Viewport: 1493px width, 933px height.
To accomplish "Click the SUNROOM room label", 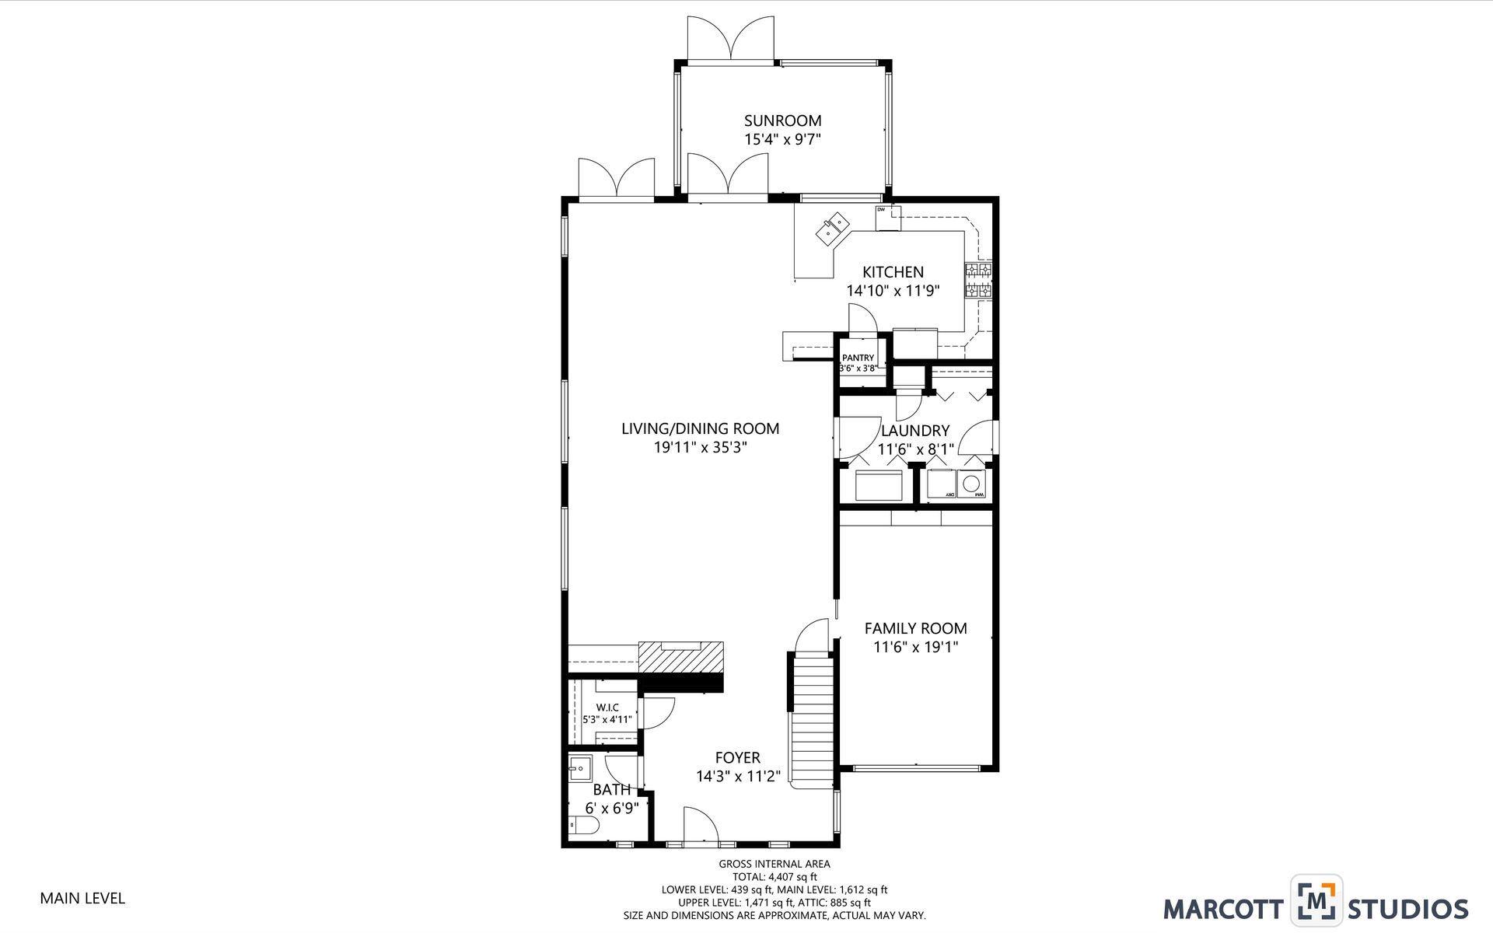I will click(782, 121).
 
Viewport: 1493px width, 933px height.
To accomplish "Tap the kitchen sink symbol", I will click(833, 226).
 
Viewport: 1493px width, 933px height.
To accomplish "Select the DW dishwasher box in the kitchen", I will click(888, 218).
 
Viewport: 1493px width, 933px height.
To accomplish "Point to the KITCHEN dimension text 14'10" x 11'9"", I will click(893, 291).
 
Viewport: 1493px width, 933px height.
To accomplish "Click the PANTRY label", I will click(858, 358).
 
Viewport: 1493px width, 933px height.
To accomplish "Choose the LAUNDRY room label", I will click(915, 431).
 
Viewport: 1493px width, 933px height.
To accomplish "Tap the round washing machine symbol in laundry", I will click(972, 484).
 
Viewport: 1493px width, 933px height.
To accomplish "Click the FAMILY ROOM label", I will click(915, 628).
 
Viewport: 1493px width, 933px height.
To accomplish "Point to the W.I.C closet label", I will click(607, 707).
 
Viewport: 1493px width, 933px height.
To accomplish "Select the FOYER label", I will click(737, 757).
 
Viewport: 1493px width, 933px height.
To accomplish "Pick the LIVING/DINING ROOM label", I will click(700, 428).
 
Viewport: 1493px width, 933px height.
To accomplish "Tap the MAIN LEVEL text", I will click(82, 898).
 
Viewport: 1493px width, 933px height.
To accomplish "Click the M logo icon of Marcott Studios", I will click(1316, 901).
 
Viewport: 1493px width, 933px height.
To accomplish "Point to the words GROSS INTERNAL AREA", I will click(774, 864).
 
